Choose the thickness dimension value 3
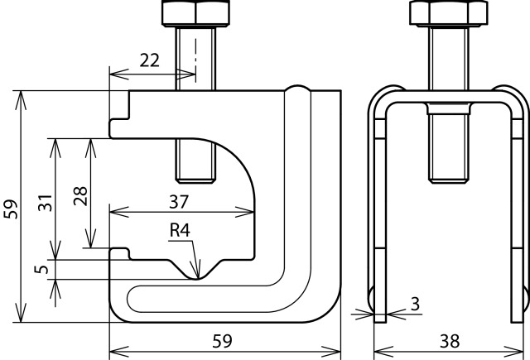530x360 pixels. click(x=413, y=303)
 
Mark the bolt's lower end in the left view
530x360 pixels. click(x=195, y=175)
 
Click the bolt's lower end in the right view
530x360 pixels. click(x=449, y=175)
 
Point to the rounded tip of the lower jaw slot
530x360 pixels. click(x=132, y=298)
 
